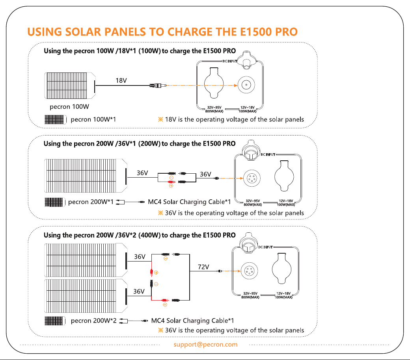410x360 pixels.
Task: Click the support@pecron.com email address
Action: click(205, 345)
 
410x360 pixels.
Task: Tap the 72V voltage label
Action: click(203, 267)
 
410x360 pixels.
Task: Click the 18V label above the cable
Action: click(121, 80)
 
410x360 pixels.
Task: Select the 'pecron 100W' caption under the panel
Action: click(69, 107)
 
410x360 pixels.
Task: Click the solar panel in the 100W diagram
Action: click(70, 86)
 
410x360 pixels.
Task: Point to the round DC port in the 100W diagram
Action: click(246, 85)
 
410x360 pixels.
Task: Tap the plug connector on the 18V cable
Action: click(158, 85)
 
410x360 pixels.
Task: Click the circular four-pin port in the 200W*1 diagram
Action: click(252, 178)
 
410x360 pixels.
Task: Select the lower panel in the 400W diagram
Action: click(86, 296)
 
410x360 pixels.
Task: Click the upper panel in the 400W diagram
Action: click(86, 260)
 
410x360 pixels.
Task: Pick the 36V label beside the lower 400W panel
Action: click(139, 291)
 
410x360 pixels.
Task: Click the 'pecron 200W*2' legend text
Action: click(93, 321)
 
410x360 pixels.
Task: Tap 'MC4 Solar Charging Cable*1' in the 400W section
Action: click(192, 321)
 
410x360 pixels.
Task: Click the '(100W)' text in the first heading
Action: click(149, 51)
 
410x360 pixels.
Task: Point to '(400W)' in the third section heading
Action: click(149, 235)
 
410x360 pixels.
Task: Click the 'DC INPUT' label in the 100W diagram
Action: click(230, 61)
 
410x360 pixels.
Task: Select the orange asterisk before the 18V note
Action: click(160, 119)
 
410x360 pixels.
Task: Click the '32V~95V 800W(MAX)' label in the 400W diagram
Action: click(250, 295)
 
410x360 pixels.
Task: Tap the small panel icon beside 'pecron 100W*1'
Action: click(55, 120)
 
